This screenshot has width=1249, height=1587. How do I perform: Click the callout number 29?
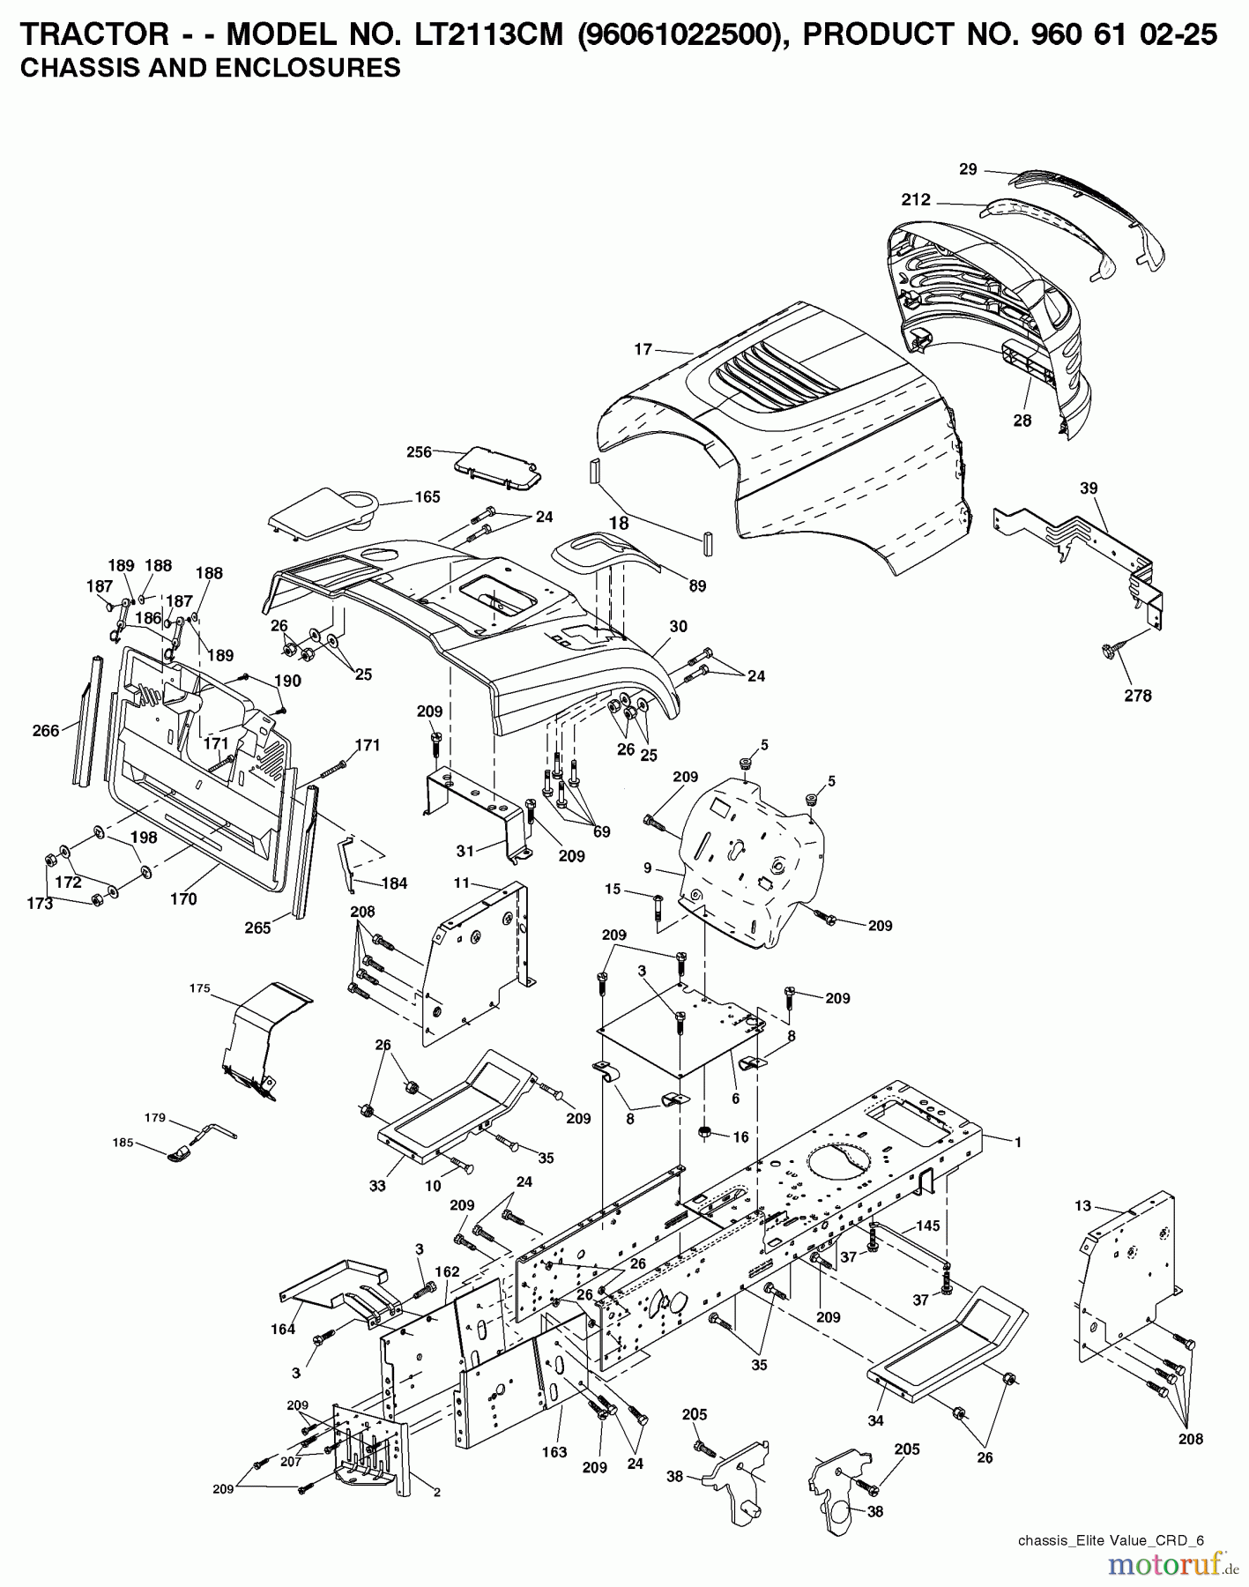pyautogui.click(x=968, y=169)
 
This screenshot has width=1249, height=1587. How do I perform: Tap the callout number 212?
pyautogui.click(x=916, y=199)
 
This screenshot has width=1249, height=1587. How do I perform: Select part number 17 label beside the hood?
pyautogui.click(x=643, y=349)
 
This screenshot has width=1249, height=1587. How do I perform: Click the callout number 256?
pyautogui.click(x=419, y=452)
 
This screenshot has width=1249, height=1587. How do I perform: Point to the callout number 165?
pyautogui.click(x=427, y=497)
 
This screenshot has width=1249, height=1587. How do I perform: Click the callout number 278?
pyautogui.click(x=1137, y=696)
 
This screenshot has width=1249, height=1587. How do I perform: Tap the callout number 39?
pyautogui.click(x=1089, y=488)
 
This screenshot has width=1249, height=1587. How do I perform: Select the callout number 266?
pyautogui.click(x=45, y=730)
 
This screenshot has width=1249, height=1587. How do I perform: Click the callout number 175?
pyautogui.click(x=199, y=988)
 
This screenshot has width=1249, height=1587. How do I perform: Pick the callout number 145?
pyautogui.click(x=927, y=1226)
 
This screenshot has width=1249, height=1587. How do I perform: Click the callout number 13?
pyautogui.click(x=1082, y=1205)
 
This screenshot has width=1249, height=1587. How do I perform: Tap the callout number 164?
pyautogui.click(x=283, y=1329)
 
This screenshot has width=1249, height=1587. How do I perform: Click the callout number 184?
pyautogui.click(x=394, y=883)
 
